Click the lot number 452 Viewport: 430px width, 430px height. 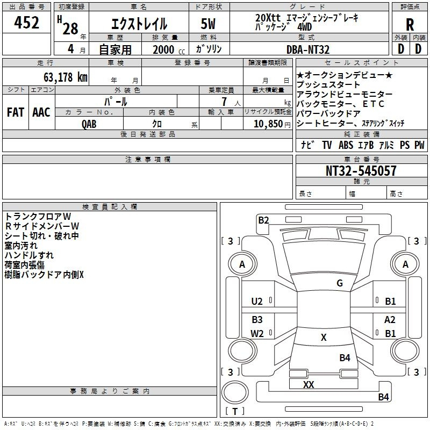pyautogui.click(x=27, y=23)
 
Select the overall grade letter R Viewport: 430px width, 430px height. pyautogui.click(x=410, y=25)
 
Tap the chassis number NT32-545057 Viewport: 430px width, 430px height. pyautogui.click(x=361, y=171)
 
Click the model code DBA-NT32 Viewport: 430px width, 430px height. pyautogui.click(x=309, y=49)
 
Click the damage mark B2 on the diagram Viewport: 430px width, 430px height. pyautogui.click(x=263, y=220)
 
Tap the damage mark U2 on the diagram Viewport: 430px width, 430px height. pyautogui.click(x=257, y=302)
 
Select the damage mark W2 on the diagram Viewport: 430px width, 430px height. pyautogui.click(x=257, y=333)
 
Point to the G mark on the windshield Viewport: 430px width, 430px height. pyautogui.click(x=340, y=283)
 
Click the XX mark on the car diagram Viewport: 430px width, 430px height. pyautogui.click(x=309, y=385)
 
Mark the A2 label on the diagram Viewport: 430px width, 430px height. pyautogui.click(x=390, y=319)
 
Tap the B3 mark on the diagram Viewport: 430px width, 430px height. pyautogui.click(x=257, y=319)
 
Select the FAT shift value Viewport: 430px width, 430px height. pyautogui.click(x=15, y=112)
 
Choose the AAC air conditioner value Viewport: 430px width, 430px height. pyautogui.click(x=41, y=112)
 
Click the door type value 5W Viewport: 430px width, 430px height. pyautogui.click(x=209, y=25)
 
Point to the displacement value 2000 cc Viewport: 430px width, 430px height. pyautogui.click(x=166, y=49)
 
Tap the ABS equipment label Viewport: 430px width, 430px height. pyautogui.click(x=346, y=145)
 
